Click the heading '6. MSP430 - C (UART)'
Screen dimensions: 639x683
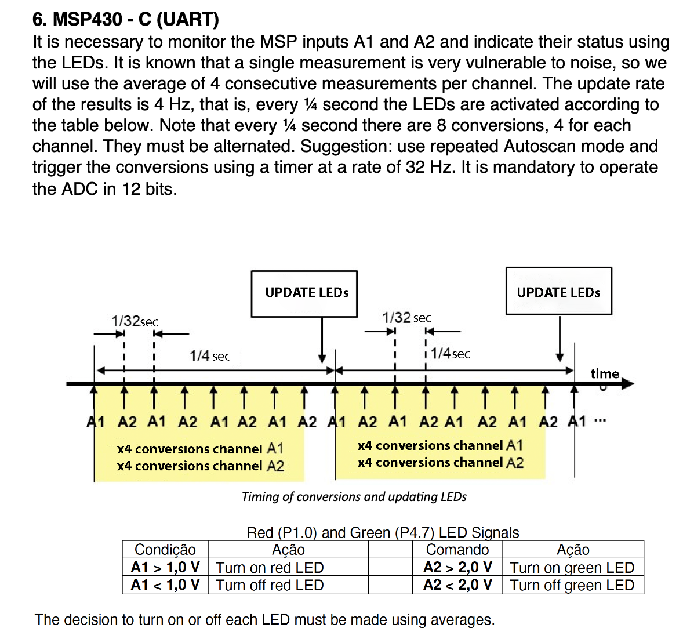[125, 19]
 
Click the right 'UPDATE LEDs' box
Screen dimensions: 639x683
[558, 292]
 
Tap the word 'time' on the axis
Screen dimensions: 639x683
[605, 373]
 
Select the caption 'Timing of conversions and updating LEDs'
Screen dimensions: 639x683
[354, 497]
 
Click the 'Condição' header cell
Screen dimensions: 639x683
[165, 550]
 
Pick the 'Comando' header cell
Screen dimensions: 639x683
[457, 550]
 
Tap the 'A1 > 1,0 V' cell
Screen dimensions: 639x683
[165, 567]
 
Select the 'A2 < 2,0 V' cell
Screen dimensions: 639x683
[457, 584]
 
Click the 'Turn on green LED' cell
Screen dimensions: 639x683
[572, 568]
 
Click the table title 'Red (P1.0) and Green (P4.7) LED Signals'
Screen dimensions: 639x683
[383, 532]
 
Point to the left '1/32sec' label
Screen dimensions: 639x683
[135, 321]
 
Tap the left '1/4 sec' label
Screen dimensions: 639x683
[210, 356]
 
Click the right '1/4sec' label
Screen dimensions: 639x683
[451, 354]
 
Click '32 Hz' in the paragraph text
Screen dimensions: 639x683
[431, 167]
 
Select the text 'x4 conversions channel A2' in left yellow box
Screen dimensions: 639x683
[200, 466]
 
